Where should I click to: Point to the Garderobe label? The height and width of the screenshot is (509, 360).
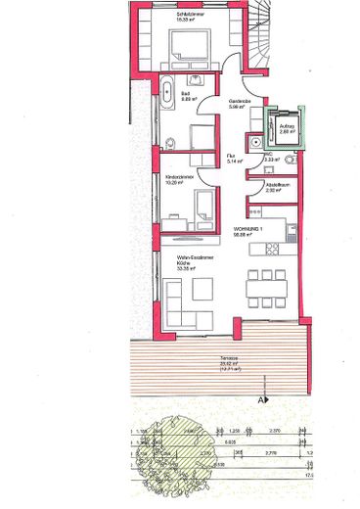coord(243,103)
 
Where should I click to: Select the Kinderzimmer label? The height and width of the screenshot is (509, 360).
coord(179,178)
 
